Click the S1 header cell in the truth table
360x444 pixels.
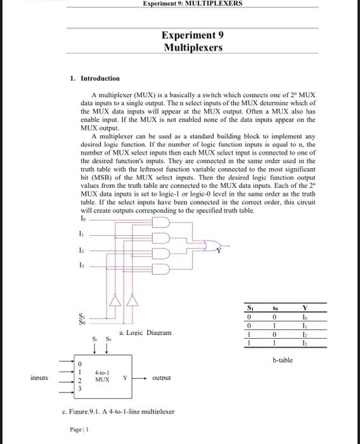[x=250, y=308]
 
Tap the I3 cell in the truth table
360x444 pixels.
[x=305, y=343]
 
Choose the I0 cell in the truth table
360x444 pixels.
[x=305, y=317]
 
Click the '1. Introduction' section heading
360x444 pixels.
[x=94, y=79]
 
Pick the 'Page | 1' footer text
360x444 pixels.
[x=80, y=429]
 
